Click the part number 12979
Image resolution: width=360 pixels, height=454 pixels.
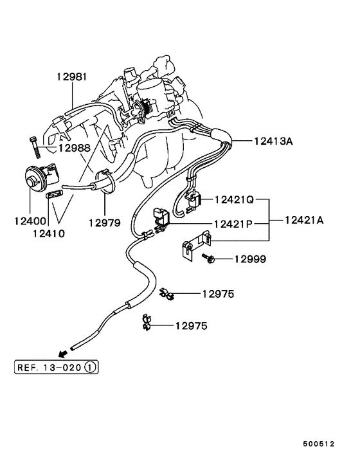[x=105, y=222]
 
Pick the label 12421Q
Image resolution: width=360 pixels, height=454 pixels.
[x=235, y=200]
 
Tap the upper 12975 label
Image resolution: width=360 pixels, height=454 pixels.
[x=218, y=294]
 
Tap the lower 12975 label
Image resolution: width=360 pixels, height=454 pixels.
[x=191, y=326]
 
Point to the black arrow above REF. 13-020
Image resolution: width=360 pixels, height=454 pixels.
[x=62, y=354]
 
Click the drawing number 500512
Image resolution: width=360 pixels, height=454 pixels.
[x=319, y=444]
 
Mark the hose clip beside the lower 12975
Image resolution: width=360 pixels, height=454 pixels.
[x=146, y=323]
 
